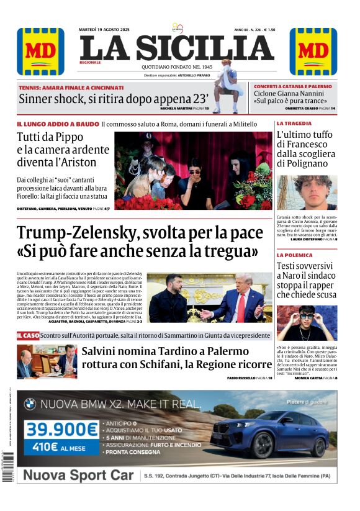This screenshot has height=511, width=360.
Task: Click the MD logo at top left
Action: pyautogui.click(x=40, y=52)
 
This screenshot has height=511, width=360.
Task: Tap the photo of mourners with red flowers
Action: pyautogui.click(x=193, y=170)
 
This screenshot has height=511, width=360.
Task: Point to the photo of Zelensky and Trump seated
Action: pyautogui.click(x=210, y=297)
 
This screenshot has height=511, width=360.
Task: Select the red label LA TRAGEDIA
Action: pyautogui.click(x=294, y=124)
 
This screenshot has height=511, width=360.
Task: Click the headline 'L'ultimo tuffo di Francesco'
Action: pyautogui.click(x=306, y=149)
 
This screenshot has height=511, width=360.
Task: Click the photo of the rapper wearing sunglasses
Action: pyautogui.click(x=307, y=323)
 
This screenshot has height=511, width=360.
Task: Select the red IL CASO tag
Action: pyautogui.click(x=28, y=335)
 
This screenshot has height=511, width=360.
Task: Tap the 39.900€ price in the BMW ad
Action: pyautogui.click(x=61, y=429)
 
